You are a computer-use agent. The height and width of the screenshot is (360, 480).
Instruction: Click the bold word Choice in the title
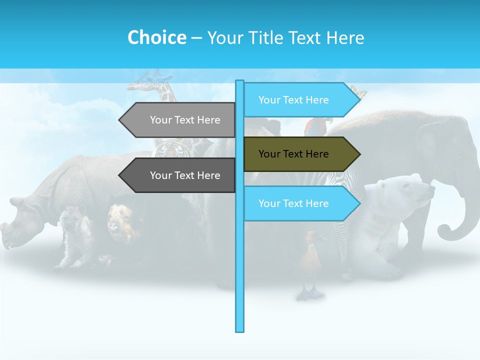[156, 37]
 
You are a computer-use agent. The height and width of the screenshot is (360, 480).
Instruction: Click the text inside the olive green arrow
[293, 154]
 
